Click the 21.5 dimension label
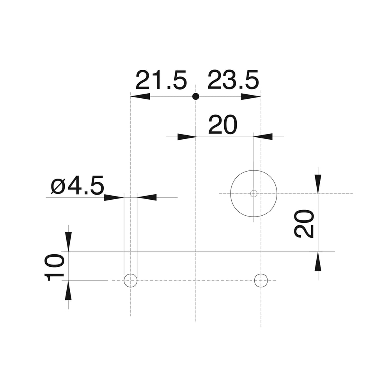coord(161,80)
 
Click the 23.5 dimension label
coord(233,80)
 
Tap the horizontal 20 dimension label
coord(223,125)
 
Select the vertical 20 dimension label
coord(304,224)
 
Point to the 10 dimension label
coord(54,268)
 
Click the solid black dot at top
coord(196,96)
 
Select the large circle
coord(254,170)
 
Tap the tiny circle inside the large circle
coord(254,193)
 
